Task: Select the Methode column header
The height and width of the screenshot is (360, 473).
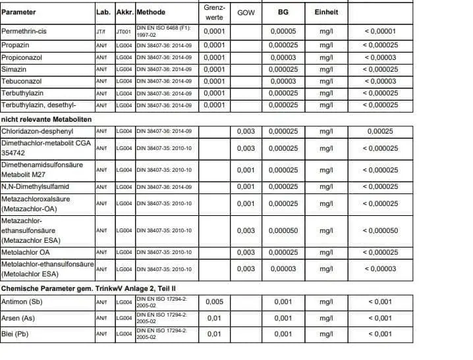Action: pos(151,12)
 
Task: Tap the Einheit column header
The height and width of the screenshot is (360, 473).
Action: pos(326,12)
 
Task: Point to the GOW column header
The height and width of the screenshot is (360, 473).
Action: pos(246,12)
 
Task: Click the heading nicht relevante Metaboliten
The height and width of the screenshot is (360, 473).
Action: pos(46,118)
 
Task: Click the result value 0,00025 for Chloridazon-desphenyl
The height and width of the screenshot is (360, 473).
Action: pos(380,131)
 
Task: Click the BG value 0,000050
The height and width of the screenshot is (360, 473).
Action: pos(283,230)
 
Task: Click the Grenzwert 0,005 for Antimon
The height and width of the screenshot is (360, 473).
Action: pos(214,302)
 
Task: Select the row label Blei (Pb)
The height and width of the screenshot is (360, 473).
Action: pos(17,334)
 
